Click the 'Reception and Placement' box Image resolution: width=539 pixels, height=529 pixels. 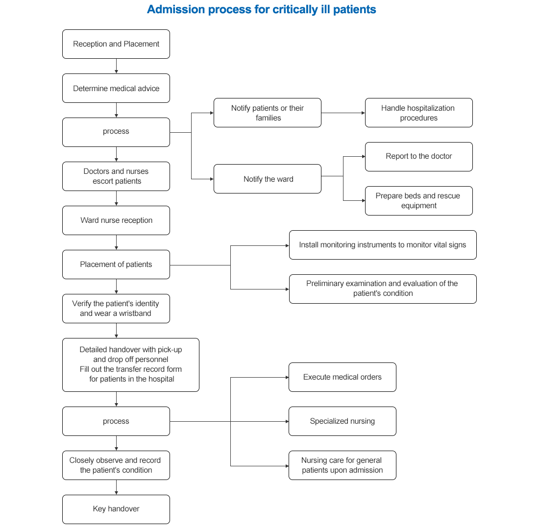(116, 44)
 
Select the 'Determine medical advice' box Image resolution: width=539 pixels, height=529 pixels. (116, 88)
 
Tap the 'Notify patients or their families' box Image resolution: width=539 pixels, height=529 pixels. (268, 113)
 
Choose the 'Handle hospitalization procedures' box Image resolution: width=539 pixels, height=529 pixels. (418, 113)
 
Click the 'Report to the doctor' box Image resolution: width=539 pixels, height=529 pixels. (418, 157)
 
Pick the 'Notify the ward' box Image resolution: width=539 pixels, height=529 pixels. (268, 179)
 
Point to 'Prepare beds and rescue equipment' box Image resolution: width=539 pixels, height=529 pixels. (418, 201)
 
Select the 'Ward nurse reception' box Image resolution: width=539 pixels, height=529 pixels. (116, 220)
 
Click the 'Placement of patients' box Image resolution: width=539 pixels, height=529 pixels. (116, 264)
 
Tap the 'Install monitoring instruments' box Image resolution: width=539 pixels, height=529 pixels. (383, 245)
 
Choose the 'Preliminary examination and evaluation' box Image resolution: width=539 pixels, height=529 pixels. (383, 289)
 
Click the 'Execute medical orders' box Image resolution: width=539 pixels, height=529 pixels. (343, 377)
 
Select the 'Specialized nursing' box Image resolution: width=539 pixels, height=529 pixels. (343, 421)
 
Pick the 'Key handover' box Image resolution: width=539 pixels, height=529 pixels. (116, 509)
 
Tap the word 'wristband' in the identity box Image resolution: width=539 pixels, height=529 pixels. (135, 313)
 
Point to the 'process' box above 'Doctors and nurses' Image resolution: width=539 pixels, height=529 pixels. (116, 132)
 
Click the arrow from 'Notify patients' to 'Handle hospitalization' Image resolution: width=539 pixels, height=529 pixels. (343, 113)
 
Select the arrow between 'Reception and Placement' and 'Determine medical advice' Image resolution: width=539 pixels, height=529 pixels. (117, 66)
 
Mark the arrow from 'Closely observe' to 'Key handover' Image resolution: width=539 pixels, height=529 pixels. (117, 487)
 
